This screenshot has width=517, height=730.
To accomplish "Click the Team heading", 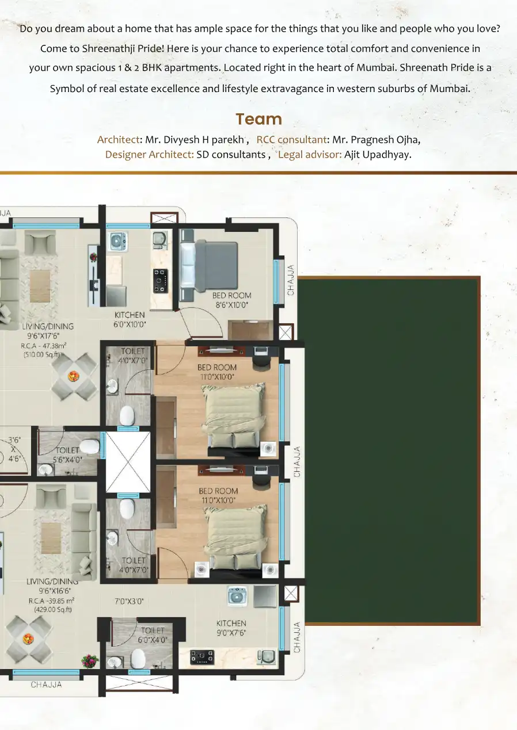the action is point(258,119).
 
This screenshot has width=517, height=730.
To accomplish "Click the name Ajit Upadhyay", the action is point(378,155).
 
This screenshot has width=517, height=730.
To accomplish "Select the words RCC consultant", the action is point(291,139).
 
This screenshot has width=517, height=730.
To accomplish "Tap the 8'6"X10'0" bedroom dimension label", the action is point(231,305).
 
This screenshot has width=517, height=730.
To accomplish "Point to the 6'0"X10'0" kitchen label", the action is point(130,324).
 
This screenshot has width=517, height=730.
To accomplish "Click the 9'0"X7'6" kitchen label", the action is point(231,633).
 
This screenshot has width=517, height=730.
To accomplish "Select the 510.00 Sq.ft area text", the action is point(42,354).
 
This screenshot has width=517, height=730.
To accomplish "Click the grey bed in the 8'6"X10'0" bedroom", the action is point(209,266).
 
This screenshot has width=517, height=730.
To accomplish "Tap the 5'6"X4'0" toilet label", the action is point(67,460).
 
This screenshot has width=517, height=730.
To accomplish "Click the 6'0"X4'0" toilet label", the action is point(153,640).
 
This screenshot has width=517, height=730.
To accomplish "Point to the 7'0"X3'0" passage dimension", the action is point(129,601).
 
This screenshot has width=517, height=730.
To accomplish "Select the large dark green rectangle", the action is point(389,450).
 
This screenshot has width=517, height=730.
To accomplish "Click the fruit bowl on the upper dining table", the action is point(73,376).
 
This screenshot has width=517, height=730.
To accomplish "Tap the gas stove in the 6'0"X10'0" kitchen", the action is point(161,281).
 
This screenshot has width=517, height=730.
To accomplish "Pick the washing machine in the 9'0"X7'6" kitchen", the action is point(237,596).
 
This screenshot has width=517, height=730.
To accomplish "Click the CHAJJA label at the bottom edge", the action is point(46,685).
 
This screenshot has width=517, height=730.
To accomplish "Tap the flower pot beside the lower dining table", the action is point(90,660).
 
